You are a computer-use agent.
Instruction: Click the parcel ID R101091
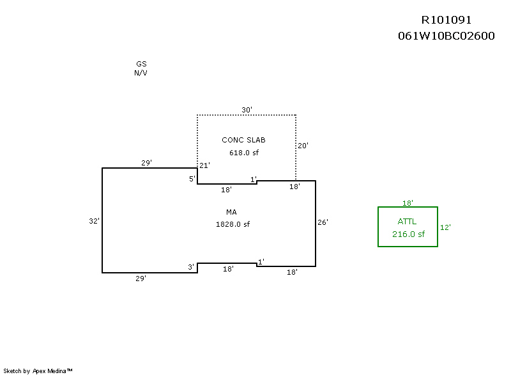tap(446, 20)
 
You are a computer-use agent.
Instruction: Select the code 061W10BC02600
tap(446, 36)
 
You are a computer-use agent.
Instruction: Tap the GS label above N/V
tap(141, 64)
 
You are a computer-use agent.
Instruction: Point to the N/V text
tap(141, 73)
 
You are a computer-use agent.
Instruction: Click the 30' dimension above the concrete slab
tap(247, 110)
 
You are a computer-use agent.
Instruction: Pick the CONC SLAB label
tap(243, 140)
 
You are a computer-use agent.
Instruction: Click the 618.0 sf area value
tap(244, 153)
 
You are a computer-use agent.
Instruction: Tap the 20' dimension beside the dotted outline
tap(303, 146)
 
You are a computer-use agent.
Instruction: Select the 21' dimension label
tap(204, 165)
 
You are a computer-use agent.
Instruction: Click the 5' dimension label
tap(192, 179)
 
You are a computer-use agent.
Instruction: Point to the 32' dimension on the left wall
tap(94, 221)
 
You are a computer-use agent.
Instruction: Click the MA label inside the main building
tap(231, 212)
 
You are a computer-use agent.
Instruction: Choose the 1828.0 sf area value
tap(233, 224)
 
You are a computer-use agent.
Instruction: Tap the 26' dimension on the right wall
tap(323, 222)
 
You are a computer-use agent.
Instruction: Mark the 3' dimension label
tap(191, 267)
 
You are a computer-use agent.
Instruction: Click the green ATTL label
tap(407, 222)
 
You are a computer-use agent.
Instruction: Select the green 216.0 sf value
tap(408, 234)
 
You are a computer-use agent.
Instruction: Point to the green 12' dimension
tap(445, 227)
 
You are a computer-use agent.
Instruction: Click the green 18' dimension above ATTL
tap(408, 203)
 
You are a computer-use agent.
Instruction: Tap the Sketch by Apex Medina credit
tap(38, 371)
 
